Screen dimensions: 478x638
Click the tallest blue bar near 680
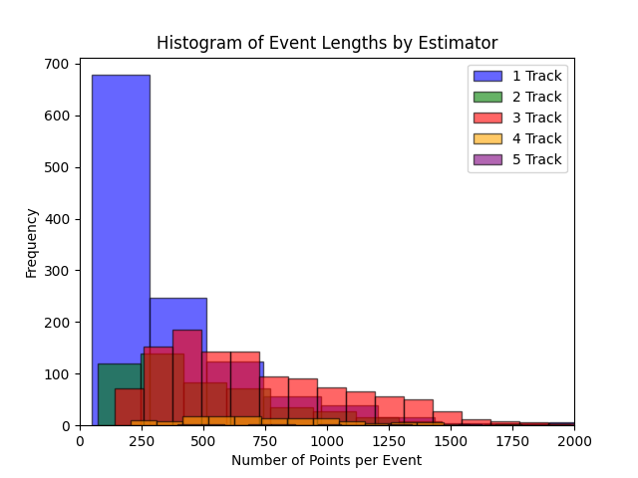(121, 199)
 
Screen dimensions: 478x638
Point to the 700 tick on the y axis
(59, 64)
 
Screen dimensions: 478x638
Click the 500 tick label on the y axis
(59, 167)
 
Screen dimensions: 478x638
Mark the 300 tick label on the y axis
(59, 271)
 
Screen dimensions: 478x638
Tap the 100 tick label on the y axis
(59, 374)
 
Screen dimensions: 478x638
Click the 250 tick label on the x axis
(142, 441)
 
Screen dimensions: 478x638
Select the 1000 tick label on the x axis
(327, 441)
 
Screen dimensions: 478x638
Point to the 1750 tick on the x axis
(512, 441)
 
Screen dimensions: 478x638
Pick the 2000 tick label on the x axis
(573, 441)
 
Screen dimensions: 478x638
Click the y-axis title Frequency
(31, 243)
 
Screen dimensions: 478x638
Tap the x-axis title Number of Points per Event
(327, 460)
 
